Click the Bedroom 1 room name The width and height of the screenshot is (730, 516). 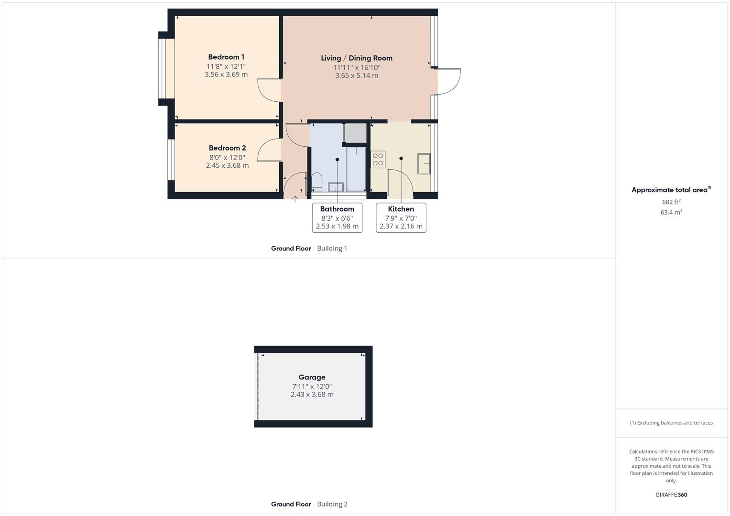226,57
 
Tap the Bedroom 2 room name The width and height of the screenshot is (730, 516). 227,148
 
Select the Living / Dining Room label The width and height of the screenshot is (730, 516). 357,58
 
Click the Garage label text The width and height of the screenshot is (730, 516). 312,377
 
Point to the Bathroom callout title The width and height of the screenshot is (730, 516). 337,209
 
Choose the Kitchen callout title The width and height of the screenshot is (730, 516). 401,209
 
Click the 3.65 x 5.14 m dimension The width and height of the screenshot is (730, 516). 357,75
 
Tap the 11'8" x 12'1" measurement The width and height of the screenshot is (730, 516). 226,66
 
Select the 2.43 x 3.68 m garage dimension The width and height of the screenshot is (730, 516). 312,395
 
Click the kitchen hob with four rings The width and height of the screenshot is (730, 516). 378,159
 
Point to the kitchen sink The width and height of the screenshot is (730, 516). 424,164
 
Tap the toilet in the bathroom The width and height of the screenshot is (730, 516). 316,181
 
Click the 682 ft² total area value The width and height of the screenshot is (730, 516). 671,202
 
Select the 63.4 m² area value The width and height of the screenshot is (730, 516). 671,213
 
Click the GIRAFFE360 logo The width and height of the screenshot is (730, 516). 671,495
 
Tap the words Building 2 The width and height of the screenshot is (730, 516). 332,504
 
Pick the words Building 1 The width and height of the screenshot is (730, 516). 332,248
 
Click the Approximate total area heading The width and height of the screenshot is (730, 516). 669,190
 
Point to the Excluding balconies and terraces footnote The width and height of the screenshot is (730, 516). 671,423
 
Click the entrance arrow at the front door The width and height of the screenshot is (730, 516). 295,198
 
